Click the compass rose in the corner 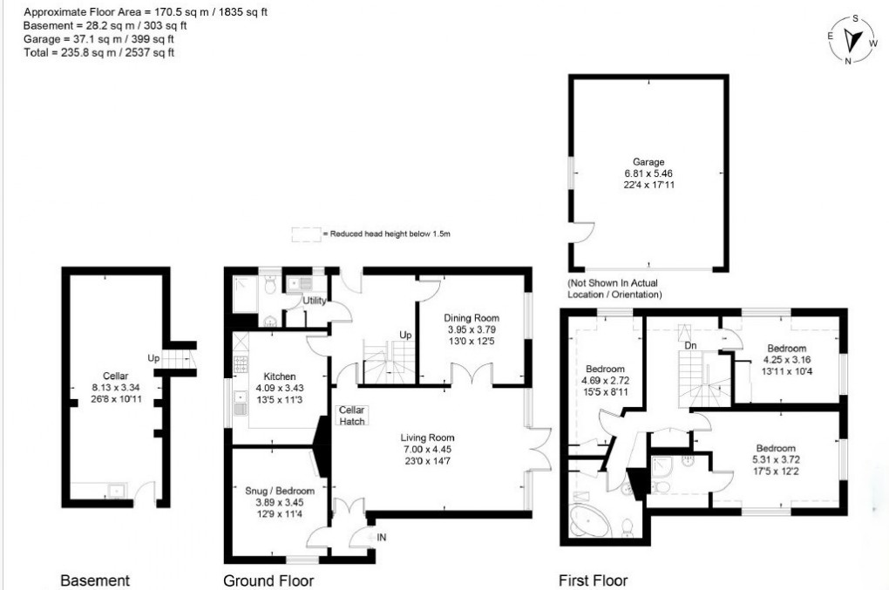[853, 39]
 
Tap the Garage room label [648, 162]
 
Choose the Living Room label [427, 437]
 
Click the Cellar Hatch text [352, 416]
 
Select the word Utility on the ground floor [314, 301]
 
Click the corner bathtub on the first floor [587, 521]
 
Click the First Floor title [593, 580]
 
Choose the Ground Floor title [268, 580]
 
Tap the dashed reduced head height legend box [305, 234]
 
